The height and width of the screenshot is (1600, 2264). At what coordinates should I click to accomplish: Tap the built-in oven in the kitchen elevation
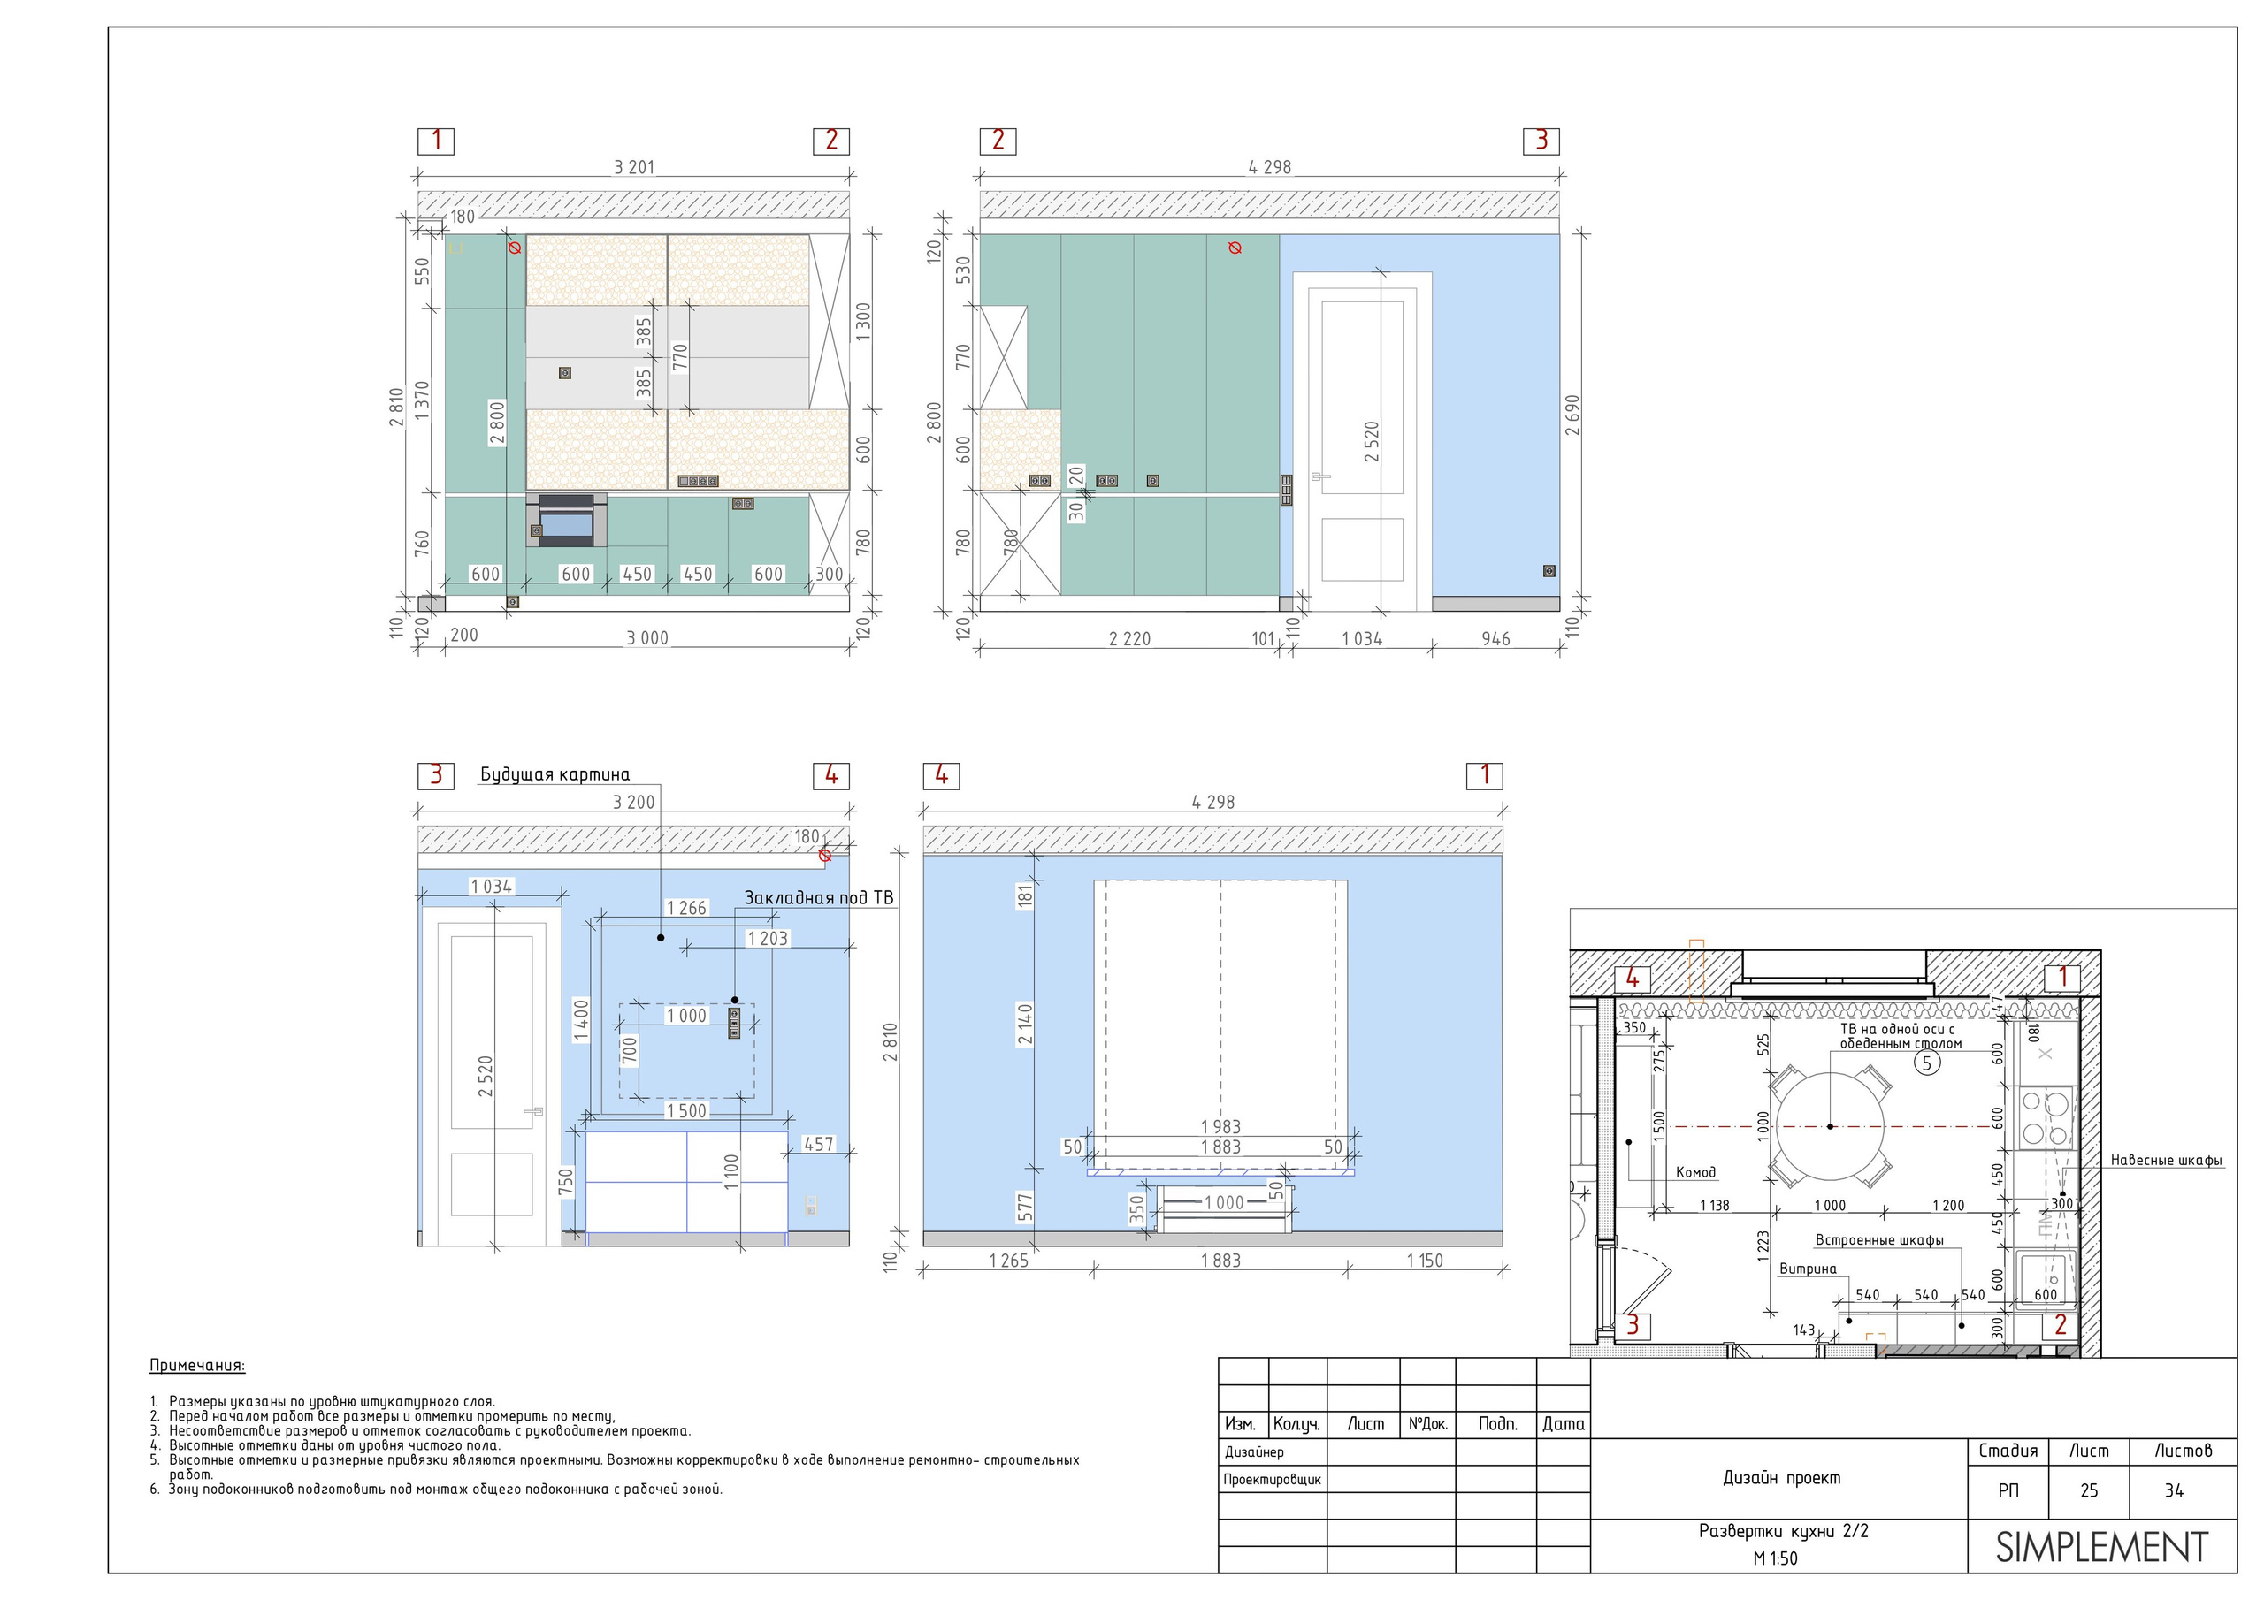[566, 521]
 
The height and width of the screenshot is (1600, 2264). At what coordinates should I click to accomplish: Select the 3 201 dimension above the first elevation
[634, 168]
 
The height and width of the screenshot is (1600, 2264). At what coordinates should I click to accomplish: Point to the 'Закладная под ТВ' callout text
[818, 898]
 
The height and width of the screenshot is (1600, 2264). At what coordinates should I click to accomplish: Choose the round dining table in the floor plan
[1830, 1126]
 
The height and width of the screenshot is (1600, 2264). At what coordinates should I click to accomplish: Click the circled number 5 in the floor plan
[1927, 1063]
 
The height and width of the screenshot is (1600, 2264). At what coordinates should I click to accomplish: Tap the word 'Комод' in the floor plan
[1696, 1172]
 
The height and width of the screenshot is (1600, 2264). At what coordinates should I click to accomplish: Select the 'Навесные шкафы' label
[2167, 1161]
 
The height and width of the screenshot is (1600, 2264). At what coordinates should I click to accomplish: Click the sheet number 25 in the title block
[2090, 1490]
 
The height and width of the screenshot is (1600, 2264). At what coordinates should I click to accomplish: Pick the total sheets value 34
[2175, 1490]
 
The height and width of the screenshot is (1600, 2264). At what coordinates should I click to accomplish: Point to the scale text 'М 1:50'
[1775, 1558]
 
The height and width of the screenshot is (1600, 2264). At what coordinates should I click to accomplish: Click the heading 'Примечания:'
[197, 1366]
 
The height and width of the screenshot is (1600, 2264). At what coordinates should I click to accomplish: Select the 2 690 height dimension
[1572, 415]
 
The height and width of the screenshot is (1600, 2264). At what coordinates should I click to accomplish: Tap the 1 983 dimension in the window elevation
[1220, 1127]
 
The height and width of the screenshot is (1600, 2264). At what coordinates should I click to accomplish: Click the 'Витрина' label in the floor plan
[1808, 1269]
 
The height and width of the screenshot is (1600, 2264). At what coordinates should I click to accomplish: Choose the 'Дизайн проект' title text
[1782, 1478]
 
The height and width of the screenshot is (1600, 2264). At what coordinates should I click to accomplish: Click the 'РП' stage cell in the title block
[2008, 1490]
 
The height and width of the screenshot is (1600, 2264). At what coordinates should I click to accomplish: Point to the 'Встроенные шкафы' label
[1879, 1240]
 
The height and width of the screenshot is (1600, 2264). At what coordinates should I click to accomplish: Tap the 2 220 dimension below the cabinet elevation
[1130, 639]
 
